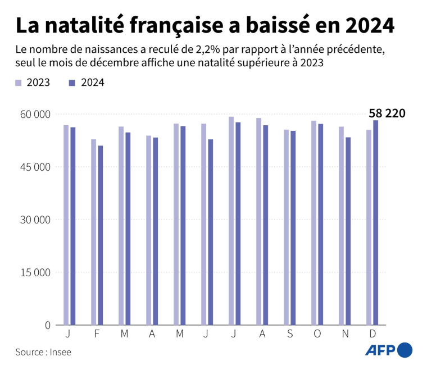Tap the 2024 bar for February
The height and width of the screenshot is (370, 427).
point(100,235)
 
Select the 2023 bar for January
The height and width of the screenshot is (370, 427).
point(66,225)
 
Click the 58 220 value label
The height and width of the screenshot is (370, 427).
point(387,113)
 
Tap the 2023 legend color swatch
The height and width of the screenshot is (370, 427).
point(19,83)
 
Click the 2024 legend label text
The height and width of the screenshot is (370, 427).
point(93,83)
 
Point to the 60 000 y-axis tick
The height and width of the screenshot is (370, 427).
point(35,114)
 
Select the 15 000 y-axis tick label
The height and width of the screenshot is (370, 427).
point(35,272)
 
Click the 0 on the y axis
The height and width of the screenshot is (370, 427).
point(48,325)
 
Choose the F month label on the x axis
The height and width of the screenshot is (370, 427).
point(97,334)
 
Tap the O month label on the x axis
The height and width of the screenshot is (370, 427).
point(317,334)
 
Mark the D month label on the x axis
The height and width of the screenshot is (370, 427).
point(372,334)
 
